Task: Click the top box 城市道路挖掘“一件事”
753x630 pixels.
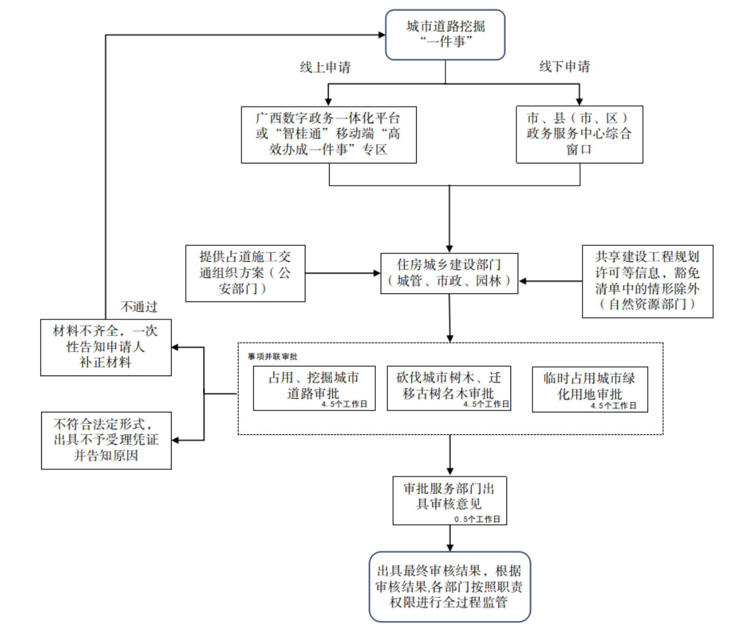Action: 445,35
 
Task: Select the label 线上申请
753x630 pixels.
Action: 325,67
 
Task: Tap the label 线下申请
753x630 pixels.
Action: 564,66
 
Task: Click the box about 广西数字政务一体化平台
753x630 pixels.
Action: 329,134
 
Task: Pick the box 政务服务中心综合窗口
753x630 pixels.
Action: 579,134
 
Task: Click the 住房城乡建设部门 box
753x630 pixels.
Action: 449,273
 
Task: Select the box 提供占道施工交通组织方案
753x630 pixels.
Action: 245,273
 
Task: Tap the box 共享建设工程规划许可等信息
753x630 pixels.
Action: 647,281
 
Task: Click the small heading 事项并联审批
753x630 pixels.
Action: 273,357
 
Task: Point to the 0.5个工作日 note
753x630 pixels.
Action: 477,519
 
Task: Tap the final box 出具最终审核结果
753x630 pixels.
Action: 449,586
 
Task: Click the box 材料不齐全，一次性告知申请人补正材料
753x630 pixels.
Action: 106,347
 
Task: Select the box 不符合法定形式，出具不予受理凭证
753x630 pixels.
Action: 106,440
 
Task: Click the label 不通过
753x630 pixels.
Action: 139,307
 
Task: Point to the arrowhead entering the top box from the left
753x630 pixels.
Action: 382,35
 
